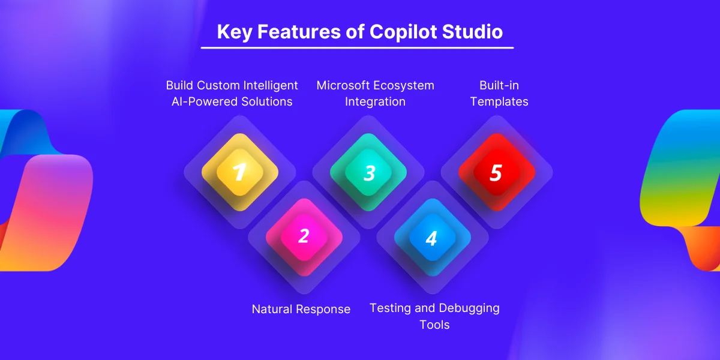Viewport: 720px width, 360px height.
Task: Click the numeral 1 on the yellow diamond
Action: [239, 173]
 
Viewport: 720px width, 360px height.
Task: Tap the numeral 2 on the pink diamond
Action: [304, 236]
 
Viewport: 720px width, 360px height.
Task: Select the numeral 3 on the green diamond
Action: [370, 173]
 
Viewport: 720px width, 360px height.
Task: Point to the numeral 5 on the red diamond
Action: [496, 173]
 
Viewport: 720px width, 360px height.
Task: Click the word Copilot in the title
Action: [403, 32]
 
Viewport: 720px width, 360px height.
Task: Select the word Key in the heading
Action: [235, 32]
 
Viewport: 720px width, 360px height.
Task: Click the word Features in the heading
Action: [299, 31]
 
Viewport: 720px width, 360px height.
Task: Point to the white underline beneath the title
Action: [357, 48]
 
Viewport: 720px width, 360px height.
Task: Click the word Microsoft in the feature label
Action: [343, 85]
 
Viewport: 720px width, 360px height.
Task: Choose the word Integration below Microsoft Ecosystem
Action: [375, 102]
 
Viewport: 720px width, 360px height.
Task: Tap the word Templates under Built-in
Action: [499, 102]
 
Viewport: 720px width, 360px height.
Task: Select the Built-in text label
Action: [499, 85]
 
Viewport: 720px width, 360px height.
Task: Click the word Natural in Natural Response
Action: [272, 309]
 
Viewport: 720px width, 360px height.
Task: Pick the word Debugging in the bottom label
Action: [469, 308]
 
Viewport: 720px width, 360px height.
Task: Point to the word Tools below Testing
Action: [434, 325]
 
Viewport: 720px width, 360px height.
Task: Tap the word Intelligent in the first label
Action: [271, 86]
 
